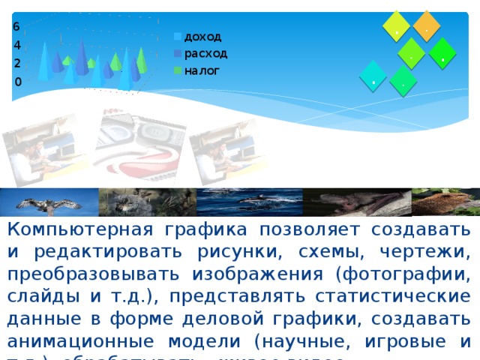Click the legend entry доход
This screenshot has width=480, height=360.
click(x=202, y=36)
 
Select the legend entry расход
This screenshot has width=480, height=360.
click(x=205, y=53)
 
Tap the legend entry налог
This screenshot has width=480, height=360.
click(x=202, y=70)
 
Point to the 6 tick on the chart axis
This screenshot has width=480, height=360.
click(x=16, y=26)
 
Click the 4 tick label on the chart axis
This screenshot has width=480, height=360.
click(x=16, y=45)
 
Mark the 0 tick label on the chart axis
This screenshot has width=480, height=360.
click(x=16, y=81)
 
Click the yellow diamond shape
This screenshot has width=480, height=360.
click(x=396, y=26)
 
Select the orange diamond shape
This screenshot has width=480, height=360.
click(x=427, y=25)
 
